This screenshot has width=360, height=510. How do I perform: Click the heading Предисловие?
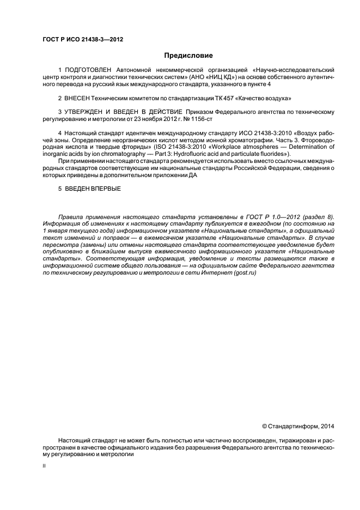(x=188, y=55)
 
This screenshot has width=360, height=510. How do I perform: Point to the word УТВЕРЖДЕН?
(x=89, y=112)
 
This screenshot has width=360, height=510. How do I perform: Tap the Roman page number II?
(x=44, y=466)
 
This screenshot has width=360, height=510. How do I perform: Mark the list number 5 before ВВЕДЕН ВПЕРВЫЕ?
(x=59, y=189)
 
